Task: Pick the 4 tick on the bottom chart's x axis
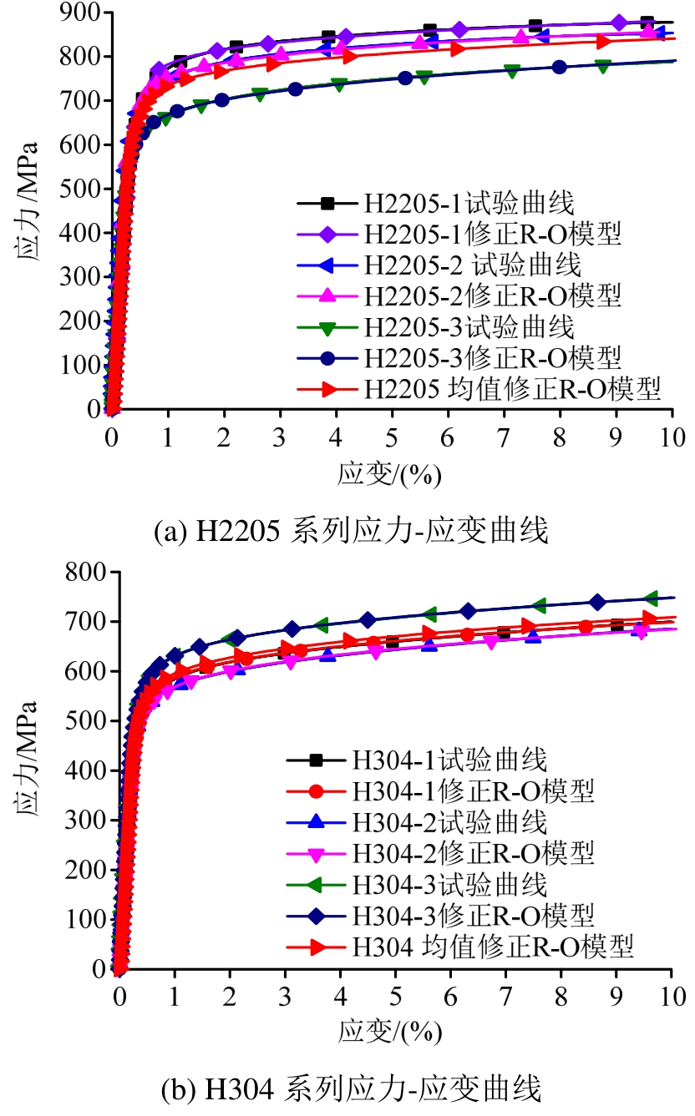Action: point(341,995)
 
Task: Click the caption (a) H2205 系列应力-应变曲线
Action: point(352,531)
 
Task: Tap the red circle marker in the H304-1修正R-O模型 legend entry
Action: point(317,790)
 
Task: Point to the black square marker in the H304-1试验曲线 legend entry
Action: point(317,760)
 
